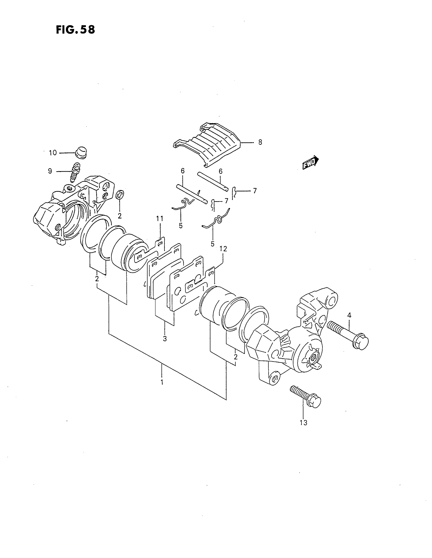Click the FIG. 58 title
75,30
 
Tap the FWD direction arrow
311,163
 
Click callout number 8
260,142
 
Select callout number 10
53,153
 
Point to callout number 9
50,171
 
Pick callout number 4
349,315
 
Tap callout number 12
223,249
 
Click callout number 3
165,339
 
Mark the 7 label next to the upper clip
255,190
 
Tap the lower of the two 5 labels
212,244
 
